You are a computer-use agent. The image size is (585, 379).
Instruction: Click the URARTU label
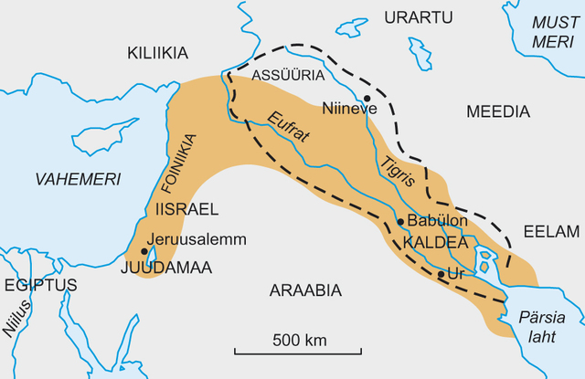(x=418, y=18)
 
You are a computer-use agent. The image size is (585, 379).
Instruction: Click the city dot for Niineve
(x=367, y=98)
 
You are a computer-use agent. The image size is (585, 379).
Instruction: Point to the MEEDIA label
(x=497, y=111)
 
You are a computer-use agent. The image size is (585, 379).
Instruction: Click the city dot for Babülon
(x=400, y=221)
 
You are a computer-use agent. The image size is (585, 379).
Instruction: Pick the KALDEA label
(x=429, y=243)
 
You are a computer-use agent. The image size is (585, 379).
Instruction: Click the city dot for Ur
(x=441, y=274)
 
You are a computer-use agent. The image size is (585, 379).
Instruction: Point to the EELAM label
(x=551, y=231)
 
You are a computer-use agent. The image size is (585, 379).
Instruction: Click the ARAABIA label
(x=305, y=290)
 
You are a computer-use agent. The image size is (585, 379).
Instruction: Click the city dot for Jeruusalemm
(x=144, y=248)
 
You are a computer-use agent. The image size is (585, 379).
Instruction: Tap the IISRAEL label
(x=187, y=209)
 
